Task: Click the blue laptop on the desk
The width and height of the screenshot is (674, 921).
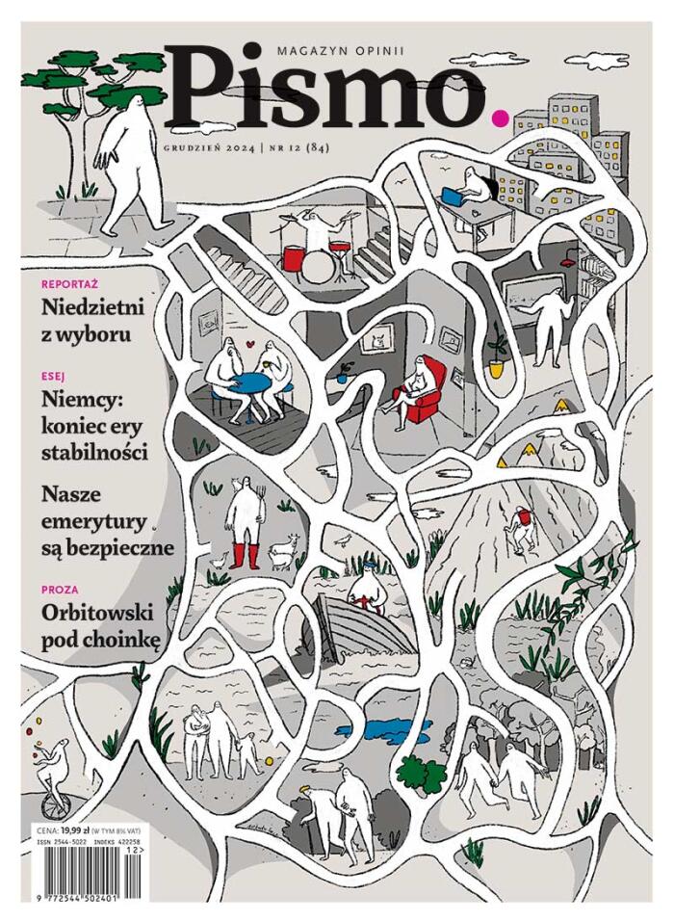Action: pyautogui.click(x=454, y=196)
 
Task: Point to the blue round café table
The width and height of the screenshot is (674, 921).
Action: pyautogui.click(x=250, y=383)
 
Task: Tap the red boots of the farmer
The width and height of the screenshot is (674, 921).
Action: pyautogui.click(x=245, y=556)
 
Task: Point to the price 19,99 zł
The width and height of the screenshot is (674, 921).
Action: pyautogui.click(x=74, y=831)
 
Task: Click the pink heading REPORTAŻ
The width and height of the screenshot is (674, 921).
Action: pyautogui.click(x=70, y=284)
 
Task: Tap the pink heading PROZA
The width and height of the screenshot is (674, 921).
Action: pyautogui.click(x=60, y=590)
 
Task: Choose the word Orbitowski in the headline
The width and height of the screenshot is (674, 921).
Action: pyautogui.click(x=97, y=613)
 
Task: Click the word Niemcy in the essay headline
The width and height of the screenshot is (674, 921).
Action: pyautogui.click(x=81, y=400)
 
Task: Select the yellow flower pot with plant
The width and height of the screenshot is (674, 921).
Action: pyautogui.click(x=497, y=367)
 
